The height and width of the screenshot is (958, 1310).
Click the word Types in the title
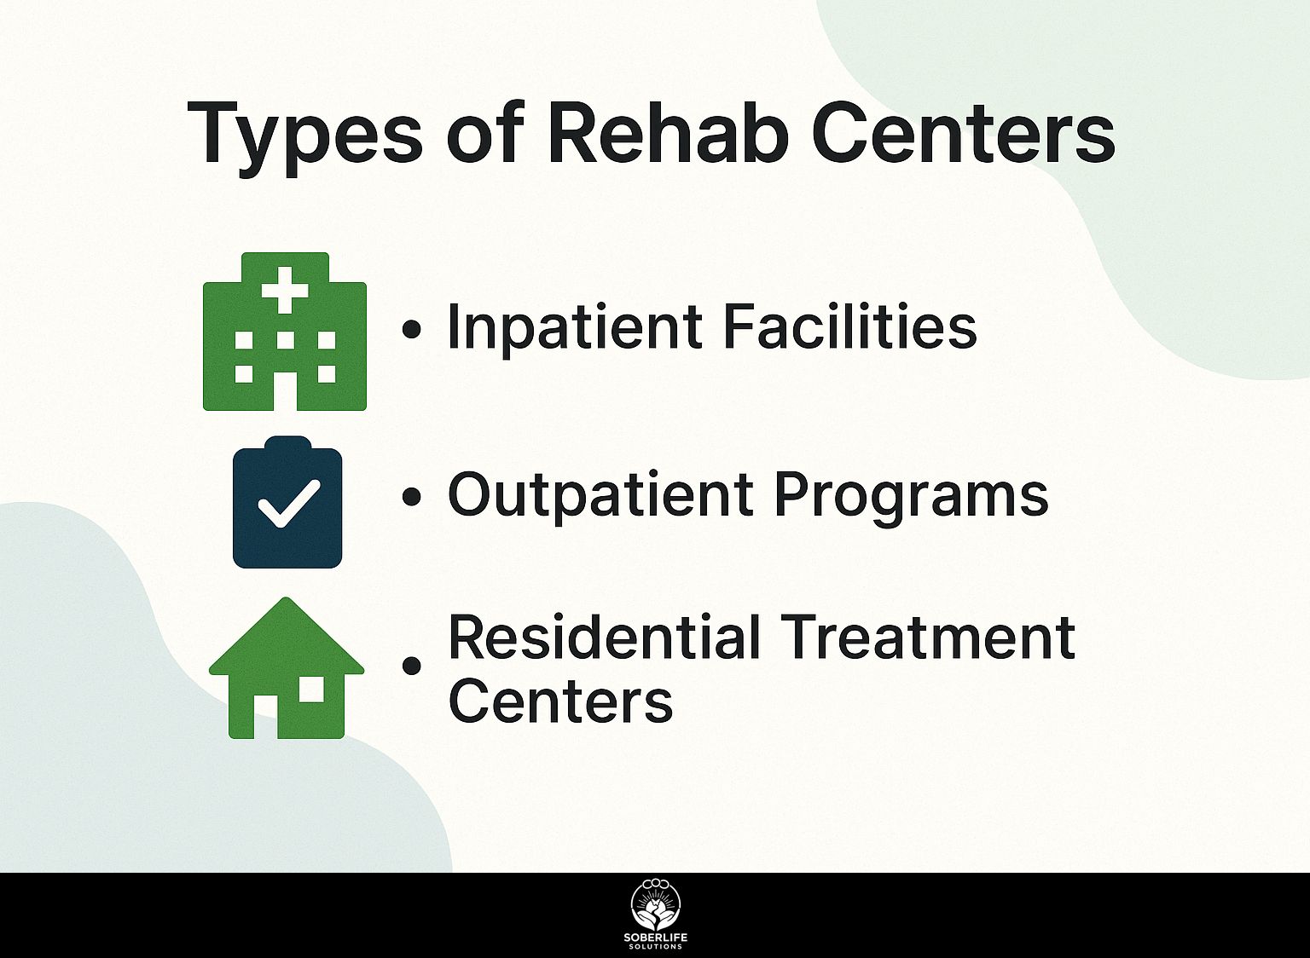pyautogui.click(x=304, y=136)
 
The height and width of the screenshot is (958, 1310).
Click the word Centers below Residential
pyautogui.click(x=561, y=701)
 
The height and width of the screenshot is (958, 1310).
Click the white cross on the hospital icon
pyautogui.click(x=285, y=290)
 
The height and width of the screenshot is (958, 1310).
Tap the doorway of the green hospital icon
pyautogui.click(x=285, y=391)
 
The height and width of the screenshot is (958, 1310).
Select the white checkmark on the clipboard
pyautogui.click(x=289, y=504)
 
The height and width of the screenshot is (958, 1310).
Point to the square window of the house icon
pyautogui.click(x=310, y=690)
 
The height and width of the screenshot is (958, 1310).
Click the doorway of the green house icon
pyautogui.click(x=265, y=717)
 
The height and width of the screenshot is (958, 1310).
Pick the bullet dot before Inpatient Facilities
pyautogui.click(x=412, y=329)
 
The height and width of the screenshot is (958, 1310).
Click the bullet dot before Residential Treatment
pyautogui.click(x=412, y=666)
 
